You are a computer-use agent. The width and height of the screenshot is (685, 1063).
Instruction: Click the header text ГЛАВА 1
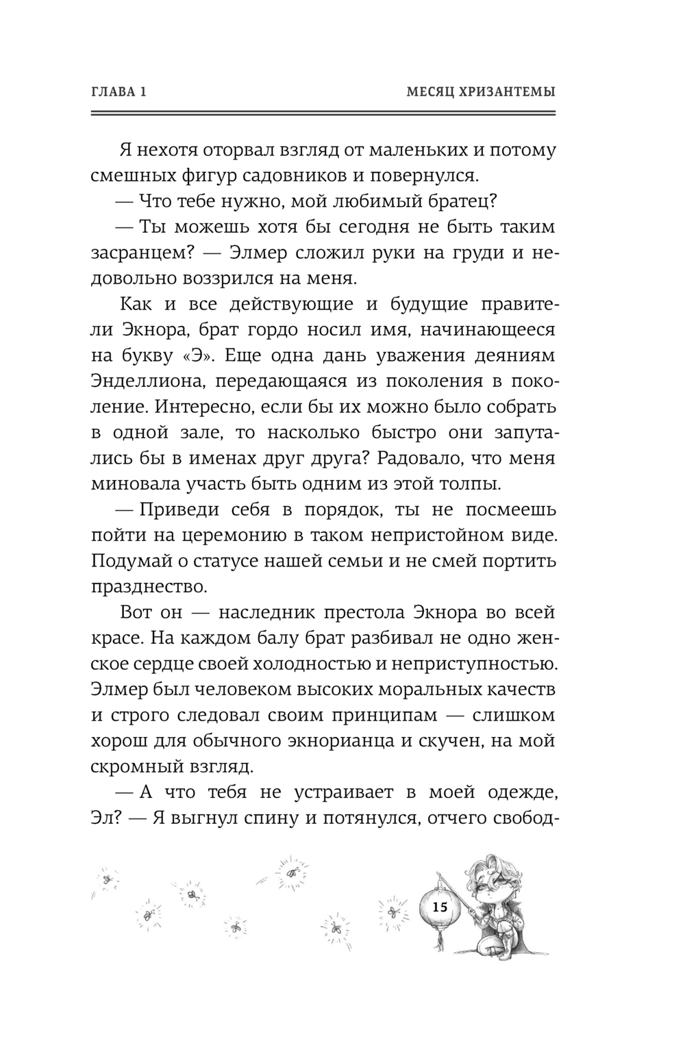[119, 92]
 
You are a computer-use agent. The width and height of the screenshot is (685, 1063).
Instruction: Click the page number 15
[439, 908]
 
